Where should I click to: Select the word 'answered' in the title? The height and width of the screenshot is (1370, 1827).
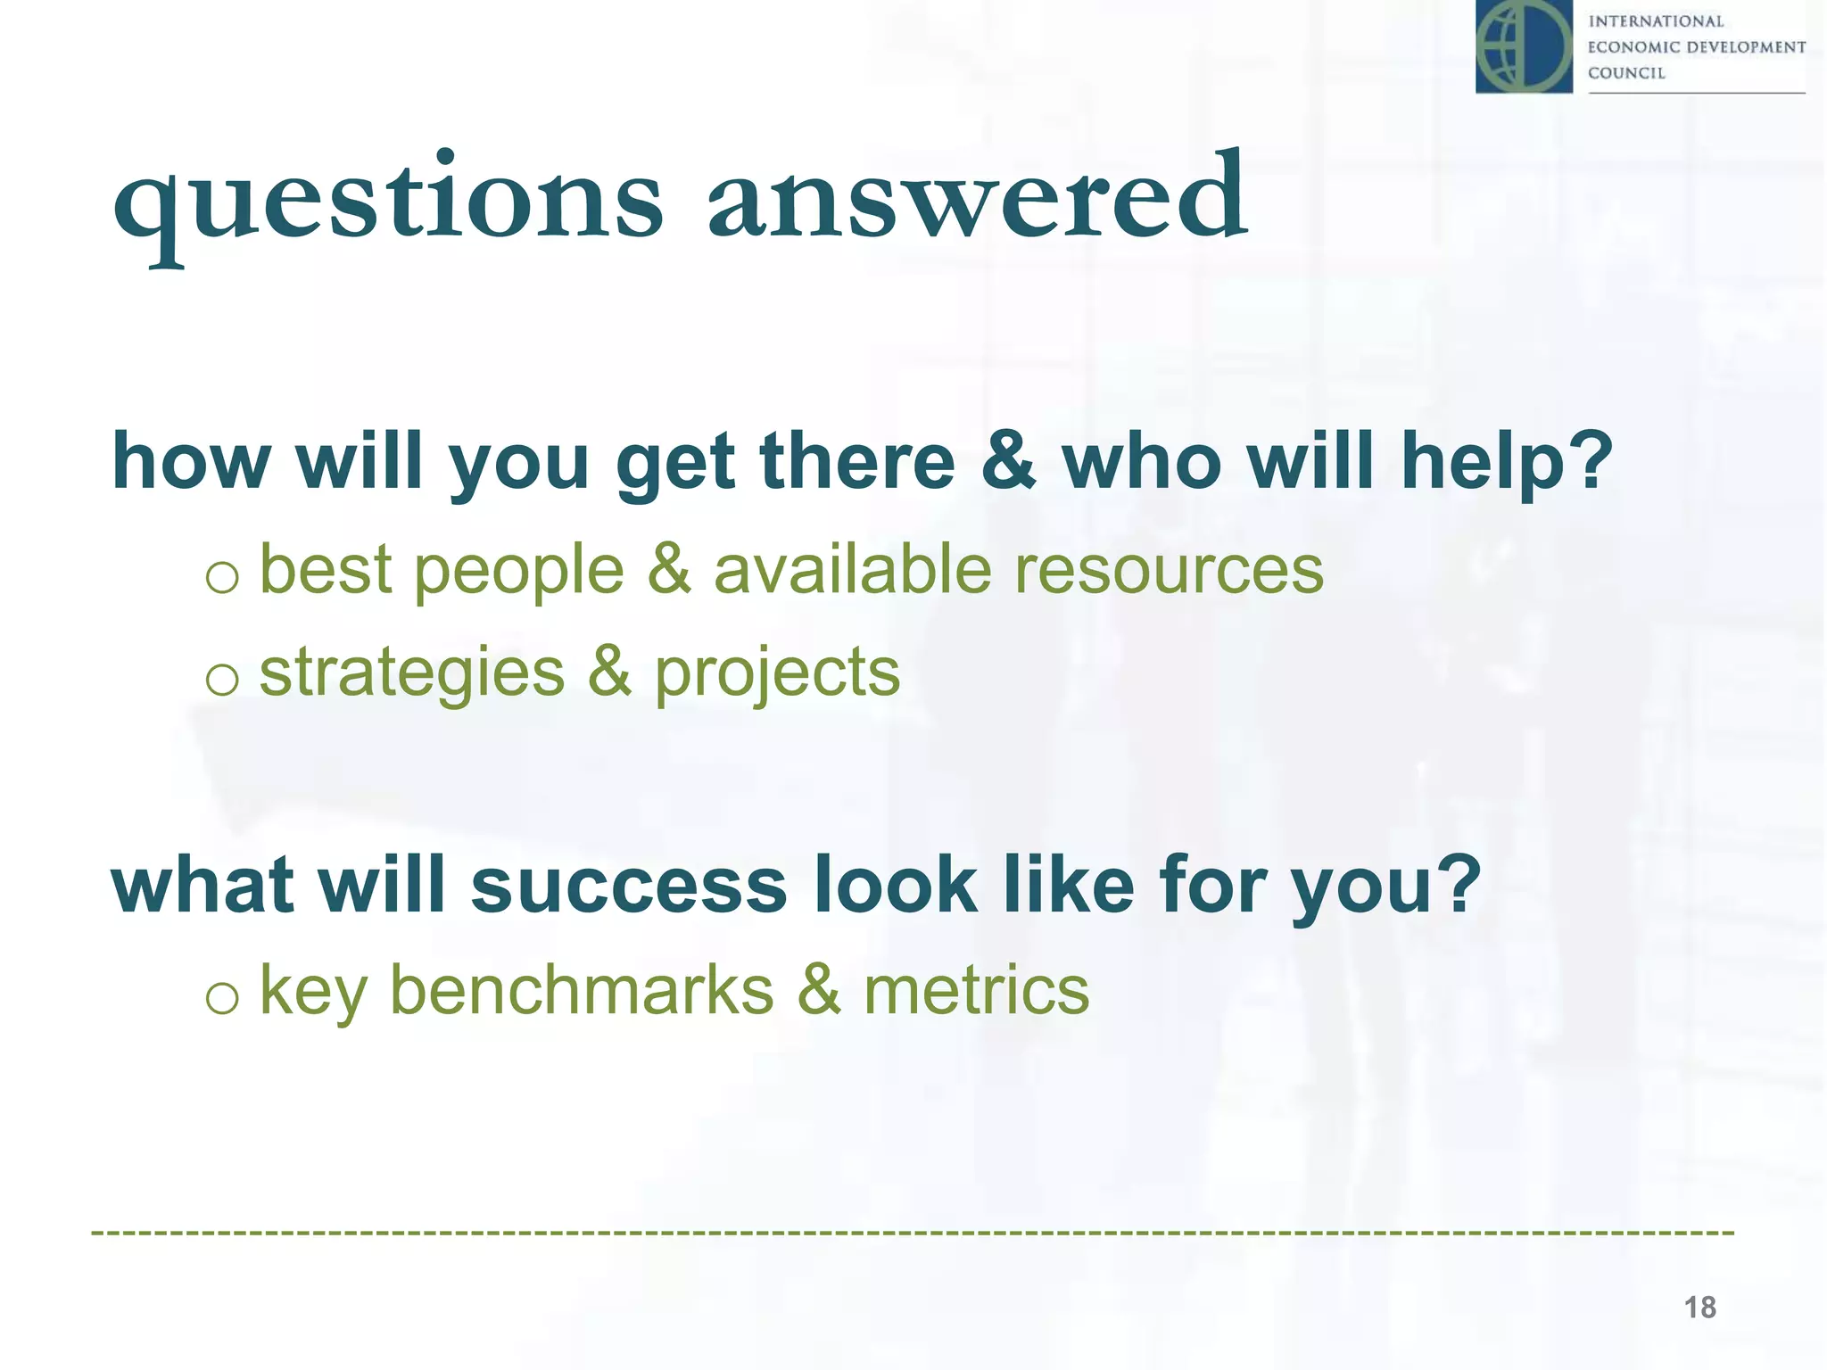pos(978,198)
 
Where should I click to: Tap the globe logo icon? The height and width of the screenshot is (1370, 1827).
pos(1524,46)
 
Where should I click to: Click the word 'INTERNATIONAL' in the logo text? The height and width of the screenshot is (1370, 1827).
pos(1656,21)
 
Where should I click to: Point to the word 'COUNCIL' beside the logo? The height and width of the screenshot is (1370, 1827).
pos(1626,73)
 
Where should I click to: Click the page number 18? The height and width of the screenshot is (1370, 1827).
pos(1699,1308)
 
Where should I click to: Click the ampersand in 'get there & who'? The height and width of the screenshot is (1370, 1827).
pos(1008,461)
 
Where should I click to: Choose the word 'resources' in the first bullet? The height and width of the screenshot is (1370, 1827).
pos(1170,570)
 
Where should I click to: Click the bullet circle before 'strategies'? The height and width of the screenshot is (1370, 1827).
pos(221,681)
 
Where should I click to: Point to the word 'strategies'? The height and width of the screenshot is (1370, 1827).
pos(412,673)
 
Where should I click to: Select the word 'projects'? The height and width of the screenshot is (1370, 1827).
pos(777,673)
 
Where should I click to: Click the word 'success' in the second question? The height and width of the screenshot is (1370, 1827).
pos(629,886)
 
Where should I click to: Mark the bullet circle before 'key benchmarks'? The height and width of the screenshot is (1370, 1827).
pos(221,998)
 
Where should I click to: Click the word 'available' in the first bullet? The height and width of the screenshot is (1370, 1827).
pos(852,570)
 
